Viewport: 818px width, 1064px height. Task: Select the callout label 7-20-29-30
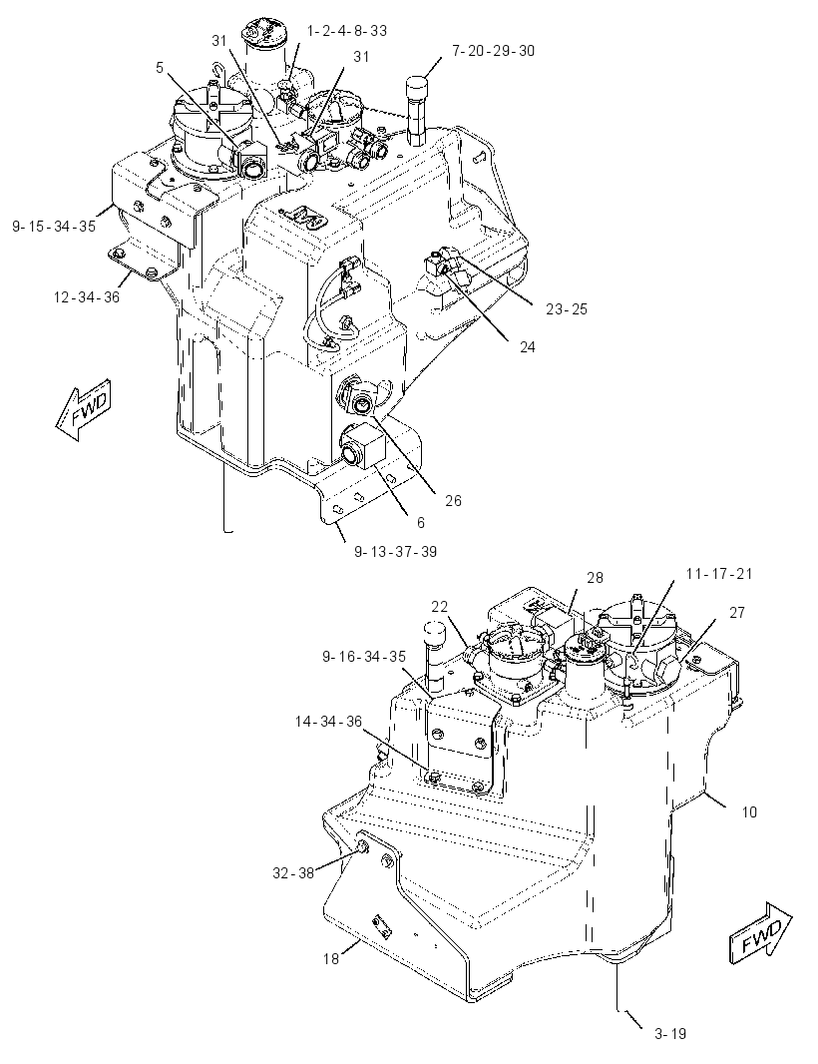tap(493, 51)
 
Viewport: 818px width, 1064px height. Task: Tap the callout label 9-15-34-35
tap(54, 227)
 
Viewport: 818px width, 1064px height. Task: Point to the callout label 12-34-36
tap(86, 297)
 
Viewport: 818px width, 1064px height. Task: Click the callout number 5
tap(160, 67)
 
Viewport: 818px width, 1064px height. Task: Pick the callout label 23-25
tap(567, 309)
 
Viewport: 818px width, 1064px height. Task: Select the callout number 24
tap(527, 347)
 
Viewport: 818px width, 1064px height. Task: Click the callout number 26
tap(453, 501)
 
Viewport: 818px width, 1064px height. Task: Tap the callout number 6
tap(421, 522)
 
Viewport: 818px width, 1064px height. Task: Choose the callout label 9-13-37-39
tap(395, 552)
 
